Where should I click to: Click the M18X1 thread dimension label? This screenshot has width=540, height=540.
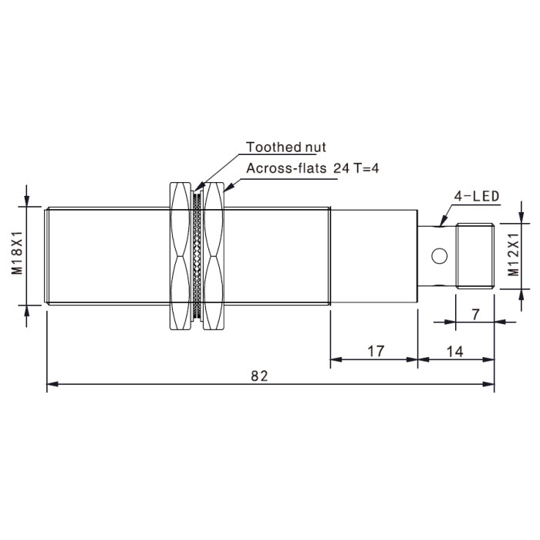coord(17,253)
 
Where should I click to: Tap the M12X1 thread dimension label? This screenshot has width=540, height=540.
coord(514,255)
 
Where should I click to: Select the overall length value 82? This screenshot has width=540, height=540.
coord(259,376)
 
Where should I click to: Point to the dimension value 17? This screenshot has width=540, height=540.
coord(376,351)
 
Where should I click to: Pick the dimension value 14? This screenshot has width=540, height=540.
coord(454,352)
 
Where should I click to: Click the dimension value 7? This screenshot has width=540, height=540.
coord(476,315)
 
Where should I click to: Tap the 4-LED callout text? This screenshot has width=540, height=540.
coord(477,196)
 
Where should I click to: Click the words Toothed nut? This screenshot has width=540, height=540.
coord(286,147)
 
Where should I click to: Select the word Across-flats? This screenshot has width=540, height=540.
coord(286,168)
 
